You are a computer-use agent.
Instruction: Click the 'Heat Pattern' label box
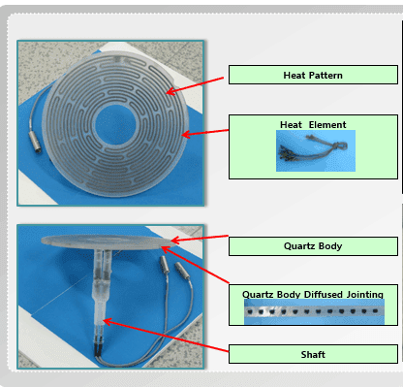tap(312, 75)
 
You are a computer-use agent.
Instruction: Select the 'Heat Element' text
tap(313, 124)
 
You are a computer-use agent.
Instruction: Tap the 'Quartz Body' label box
tap(312, 246)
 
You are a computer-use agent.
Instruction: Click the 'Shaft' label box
tap(312, 354)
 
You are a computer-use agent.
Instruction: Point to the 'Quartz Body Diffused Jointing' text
tap(312, 294)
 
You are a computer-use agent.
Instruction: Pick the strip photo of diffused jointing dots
tap(313, 313)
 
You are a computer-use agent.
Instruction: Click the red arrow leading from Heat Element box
tap(205, 128)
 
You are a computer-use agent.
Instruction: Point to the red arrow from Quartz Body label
tap(200, 237)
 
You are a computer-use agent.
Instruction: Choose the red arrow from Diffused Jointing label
tap(203, 266)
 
